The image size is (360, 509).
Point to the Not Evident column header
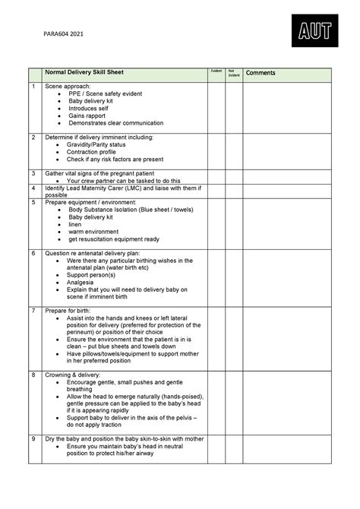[x=234, y=73]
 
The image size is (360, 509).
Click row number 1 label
[x=33, y=88]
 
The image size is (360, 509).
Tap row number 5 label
[x=33, y=203]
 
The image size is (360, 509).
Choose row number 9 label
[x=33, y=440]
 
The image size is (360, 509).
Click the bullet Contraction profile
[x=94, y=152]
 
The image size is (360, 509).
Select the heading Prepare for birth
[x=75, y=311]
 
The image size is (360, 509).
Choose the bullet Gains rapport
[x=85, y=115]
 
